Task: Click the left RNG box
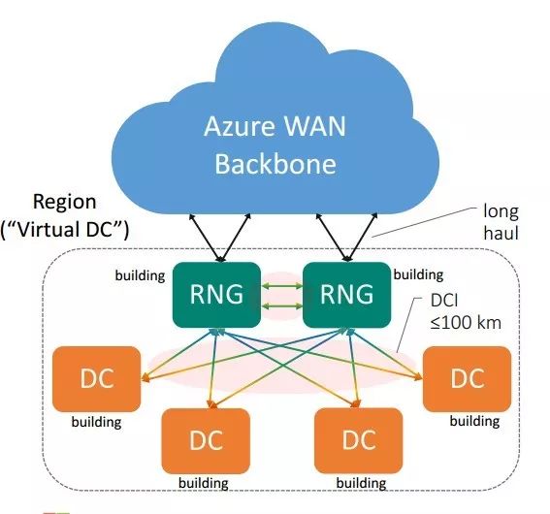pyautogui.click(x=216, y=295)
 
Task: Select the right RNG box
pyautogui.click(x=346, y=295)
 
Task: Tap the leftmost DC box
pyautogui.click(x=96, y=379)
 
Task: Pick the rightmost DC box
pyautogui.click(x=467, y=379)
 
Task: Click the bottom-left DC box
pyautogui.click(x=206, y=441)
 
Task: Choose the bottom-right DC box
pyautogui.click(x=359, y=441)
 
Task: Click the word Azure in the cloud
pyautogui.click(x=240, y=126)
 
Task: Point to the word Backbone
pyautogui.click(x=275, y=164)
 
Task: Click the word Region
pyautogui.click(x=65, y=203)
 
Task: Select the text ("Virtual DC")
pyautogui.click(x=65, y=230)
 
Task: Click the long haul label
pyautogui.click(x=501, y=222)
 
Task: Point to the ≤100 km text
pyautogui.click(x=466, y=323)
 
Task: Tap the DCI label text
pyautogui.click(x=444, y=301)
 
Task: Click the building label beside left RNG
pyautogui.click(x=140, y=276)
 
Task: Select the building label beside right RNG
pyautogui.click(x=418, y=274)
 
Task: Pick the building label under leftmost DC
pyautogui.click(x=96, y=422)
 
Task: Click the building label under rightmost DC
pyautogui.click(x=474, y=421)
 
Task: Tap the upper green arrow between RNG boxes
pyautogui.click(x=282, y=286)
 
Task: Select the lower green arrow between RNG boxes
pyautogui.click(x=282, y=306)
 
